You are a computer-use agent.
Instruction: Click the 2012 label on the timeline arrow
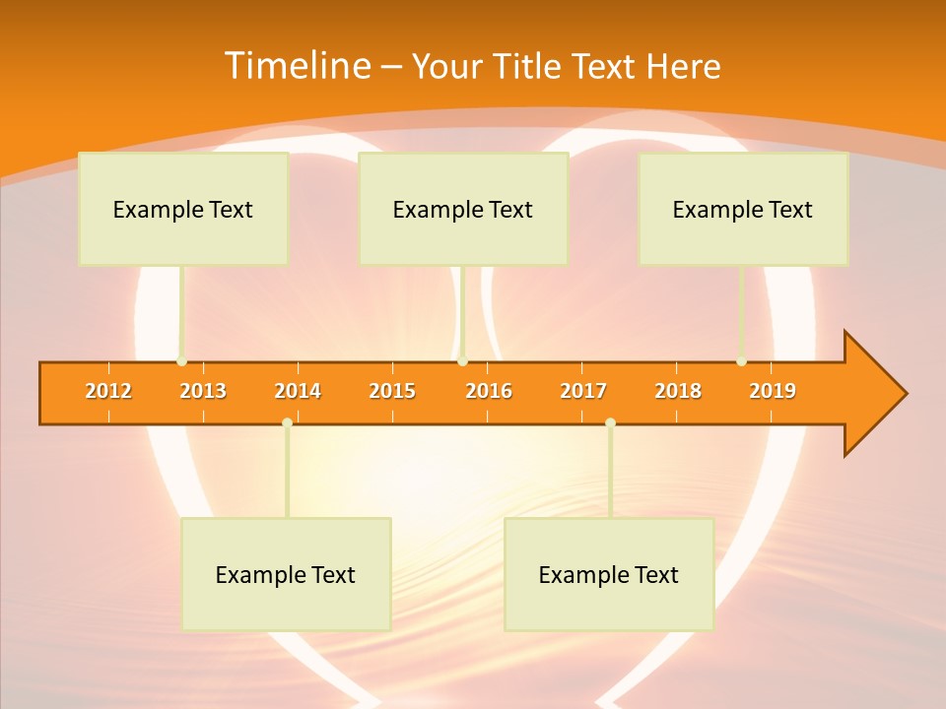[x=108, y=391]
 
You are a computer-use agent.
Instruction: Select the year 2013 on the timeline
[x=203, y=391]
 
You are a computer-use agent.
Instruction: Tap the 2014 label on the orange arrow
[x=298, y=391]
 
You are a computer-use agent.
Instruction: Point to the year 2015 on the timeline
[x=392, y=391]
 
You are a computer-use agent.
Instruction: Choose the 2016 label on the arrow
[x=489, y=391]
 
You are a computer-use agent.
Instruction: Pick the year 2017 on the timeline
[x=583, y=391]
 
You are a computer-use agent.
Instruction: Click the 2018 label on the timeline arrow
[x=678, y=391]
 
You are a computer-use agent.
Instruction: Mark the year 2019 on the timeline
[x=773, y=391]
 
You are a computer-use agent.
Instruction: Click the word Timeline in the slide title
[x=296, y=66]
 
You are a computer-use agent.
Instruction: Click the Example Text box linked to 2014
[x=286, y=574]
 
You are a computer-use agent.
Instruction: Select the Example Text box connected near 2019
[x=743, y=209]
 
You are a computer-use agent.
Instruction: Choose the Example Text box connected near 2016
[x=463, y=209]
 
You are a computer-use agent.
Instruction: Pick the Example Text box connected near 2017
[x=609, y=574]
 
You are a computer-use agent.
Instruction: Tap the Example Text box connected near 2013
[x=183, y=209]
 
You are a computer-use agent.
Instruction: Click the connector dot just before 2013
[x=181, y=361]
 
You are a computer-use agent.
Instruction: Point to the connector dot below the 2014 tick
[x=287, y=423]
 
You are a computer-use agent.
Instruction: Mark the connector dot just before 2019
[x=741, y=361]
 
